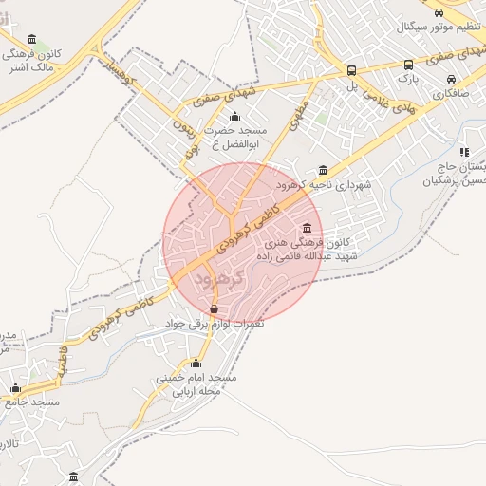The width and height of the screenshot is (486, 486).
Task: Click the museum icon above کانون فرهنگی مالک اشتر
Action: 33,39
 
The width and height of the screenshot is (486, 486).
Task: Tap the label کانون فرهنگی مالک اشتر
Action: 37,61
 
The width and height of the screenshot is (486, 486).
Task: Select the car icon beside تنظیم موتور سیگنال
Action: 439,11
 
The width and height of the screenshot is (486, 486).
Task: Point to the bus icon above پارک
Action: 409,65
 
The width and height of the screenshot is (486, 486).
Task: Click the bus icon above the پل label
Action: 352,70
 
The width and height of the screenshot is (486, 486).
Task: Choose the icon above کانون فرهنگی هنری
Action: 307,228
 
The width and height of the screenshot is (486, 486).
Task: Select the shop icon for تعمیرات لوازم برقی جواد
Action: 214,309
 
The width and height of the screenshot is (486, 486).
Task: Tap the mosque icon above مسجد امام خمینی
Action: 196,363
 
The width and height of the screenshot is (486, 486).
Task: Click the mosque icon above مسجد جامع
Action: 14,387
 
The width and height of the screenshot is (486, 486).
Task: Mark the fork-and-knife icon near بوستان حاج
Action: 463,152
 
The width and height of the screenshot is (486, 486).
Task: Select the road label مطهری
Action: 290,122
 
